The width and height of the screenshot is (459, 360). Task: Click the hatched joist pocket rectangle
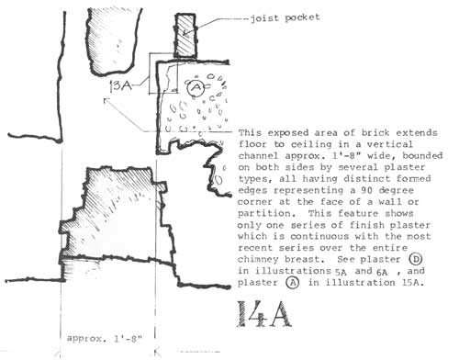tap(185, 36)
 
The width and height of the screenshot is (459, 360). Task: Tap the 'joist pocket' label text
tap(285, 18)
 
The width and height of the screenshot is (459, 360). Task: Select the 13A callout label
tap(120, 86)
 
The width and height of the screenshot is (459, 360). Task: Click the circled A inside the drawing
tap(196, 88)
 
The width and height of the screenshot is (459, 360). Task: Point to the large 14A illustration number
tap(264, 314)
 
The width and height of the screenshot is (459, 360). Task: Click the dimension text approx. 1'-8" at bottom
tap(105, 339)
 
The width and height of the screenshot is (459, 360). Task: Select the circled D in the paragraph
tap(415, 259)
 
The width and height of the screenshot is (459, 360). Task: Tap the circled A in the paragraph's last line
tap(293, 283)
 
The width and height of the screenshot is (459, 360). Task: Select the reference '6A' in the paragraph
tap(382, 272)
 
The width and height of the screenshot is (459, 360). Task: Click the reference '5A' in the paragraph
tap(341, 272)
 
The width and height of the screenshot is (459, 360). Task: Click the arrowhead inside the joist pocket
tap(185, 33)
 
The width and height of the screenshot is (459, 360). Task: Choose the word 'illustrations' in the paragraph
tap(293, 271)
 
